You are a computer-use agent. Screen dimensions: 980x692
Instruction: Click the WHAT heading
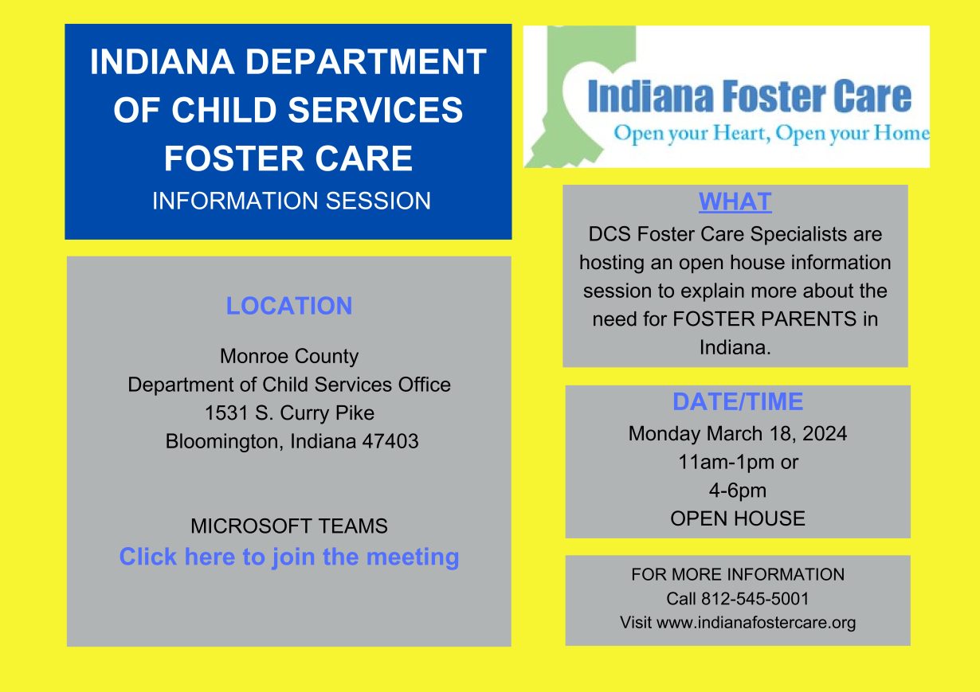click(x=735, y=202)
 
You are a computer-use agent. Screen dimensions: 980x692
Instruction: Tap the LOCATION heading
click(x=289, y=306)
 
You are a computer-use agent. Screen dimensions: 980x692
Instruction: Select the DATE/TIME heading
click(x=738, y=401)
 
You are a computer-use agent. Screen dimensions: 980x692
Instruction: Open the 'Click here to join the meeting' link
click(x=289, y=557)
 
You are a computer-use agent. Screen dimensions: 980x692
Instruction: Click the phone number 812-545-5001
click(x=755, y=599)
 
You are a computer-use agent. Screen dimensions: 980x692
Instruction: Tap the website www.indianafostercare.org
click(x=756, y=623)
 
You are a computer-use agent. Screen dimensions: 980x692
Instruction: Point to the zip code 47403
click(x=390, y=441)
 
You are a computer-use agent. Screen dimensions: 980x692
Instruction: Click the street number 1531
click(x=226, y=412)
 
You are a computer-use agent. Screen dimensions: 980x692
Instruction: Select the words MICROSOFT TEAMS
click(x=289, y=526)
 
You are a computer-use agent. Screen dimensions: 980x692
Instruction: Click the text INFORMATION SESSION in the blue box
click(x=292, y=201)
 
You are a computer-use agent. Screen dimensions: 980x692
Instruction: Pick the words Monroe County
click(x=289, y=356)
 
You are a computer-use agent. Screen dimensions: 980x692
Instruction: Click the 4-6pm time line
click(x=738, y=491)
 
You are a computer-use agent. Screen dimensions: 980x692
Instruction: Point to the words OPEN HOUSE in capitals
click(x=738, y=518)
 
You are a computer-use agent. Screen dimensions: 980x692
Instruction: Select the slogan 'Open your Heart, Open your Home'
click(x=772, y=133)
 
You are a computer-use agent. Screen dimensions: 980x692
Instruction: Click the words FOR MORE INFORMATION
click(x=738, y=574)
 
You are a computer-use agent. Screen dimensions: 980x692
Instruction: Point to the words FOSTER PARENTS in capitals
click(x=764, y=319)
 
